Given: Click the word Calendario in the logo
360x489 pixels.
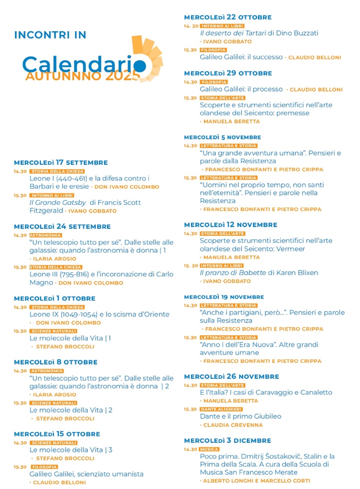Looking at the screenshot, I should (x=80, y=63).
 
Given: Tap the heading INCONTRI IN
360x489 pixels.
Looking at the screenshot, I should (x=50, y=35).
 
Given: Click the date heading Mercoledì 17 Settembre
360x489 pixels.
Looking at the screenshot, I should (x=61, y=163).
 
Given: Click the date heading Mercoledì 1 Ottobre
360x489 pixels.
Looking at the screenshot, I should (x=55, y=298).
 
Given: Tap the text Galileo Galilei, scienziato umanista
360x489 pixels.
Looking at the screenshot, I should (x=86, y=474).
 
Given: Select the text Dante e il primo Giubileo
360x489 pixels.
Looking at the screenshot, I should (x=240, y=416).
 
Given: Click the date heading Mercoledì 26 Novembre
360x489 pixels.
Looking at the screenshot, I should (x=232, y=377).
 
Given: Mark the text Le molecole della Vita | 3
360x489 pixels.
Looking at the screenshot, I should (x=71, y=450).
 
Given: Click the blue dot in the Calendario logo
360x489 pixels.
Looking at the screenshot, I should (x=140, y=65).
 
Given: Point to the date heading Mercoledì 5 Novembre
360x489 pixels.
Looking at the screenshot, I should (x=222, y=137).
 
